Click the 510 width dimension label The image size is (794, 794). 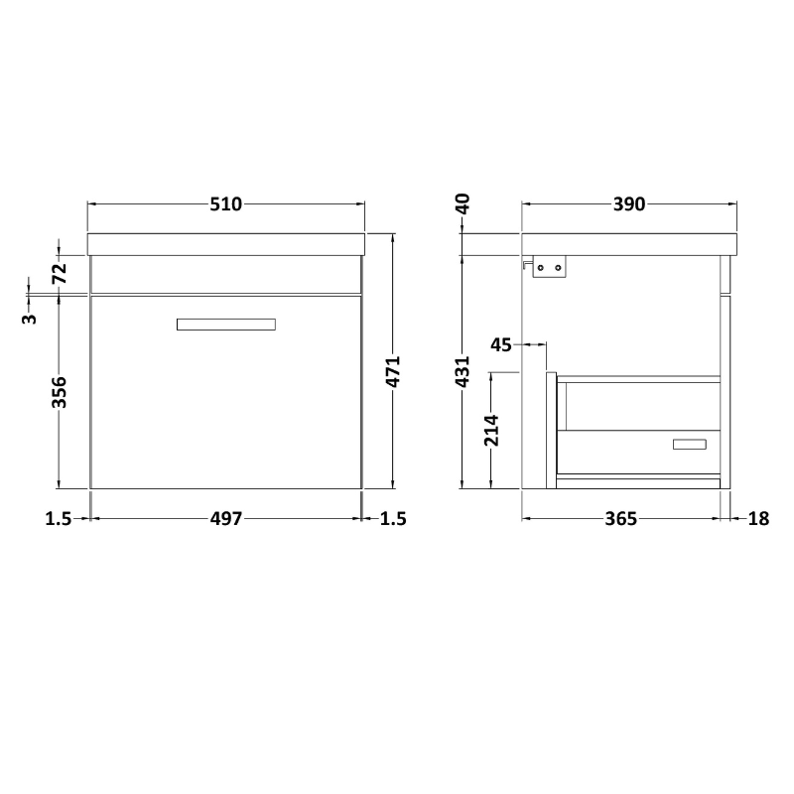(x=225, y=204)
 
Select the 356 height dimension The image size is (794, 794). (x=60, y=392)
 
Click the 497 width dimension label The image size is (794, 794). (x=225, y=518)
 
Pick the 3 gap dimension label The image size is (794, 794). (x=30, y=318)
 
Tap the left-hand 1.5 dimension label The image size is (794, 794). (x=58, y=518)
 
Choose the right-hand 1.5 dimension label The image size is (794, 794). (x=393, y=518)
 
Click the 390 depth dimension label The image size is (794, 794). (x=629, y=204)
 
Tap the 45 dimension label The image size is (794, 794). (x=501, y=344)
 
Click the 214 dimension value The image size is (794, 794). (x=490, y=430)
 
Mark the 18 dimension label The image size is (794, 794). (x=759, y=518)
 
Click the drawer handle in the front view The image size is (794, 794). (x=225, y=324)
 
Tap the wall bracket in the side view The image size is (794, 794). (x=549, y=267)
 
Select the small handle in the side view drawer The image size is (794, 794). (x=689, y=444)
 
